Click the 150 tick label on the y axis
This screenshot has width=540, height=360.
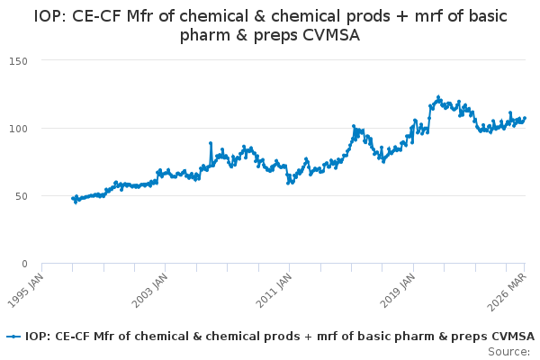[x=18, y=61]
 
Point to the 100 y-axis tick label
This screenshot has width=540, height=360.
[x=18, y=129]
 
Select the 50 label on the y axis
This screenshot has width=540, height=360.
[x=22, y=196]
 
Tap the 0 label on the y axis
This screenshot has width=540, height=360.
[x=24, y=264]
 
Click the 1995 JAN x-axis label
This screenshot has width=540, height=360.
[x=25, y=290]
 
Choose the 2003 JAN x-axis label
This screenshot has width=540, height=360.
[x=149, y=290]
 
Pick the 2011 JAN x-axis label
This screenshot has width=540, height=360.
[x=274, y=290]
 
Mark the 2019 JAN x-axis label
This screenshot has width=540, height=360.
[x=398, y=290]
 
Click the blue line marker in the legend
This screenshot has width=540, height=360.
[x=13, y=337]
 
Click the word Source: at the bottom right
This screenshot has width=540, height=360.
[x=509, y=352]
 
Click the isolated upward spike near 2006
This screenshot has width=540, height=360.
[x=211, y=143]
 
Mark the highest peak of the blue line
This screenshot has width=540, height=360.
[x=438, y=97]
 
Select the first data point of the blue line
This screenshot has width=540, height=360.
[x=73, y=198]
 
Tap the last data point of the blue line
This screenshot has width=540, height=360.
[x=525, y=118]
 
